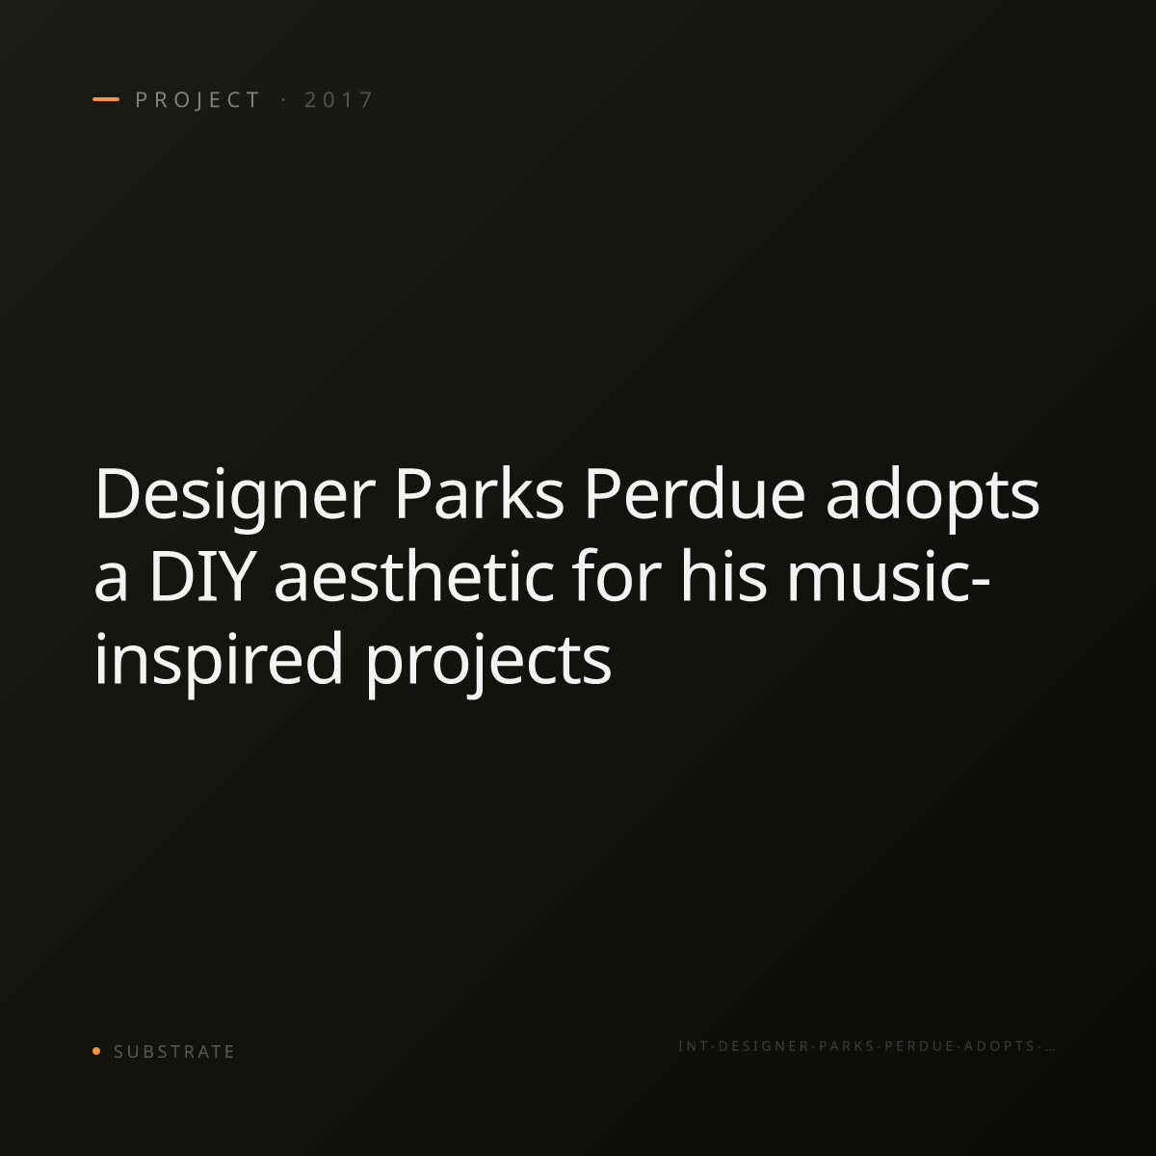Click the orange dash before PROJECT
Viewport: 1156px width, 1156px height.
(x=106, y=99)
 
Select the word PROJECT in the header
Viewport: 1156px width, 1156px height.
(x=197, y=99)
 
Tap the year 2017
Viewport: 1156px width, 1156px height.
(x=339, y=99)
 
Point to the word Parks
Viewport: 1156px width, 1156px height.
(x=480, y=494)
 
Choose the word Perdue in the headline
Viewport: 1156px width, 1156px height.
(x=695, y=494)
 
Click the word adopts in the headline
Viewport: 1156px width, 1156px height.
(x=933, y=497)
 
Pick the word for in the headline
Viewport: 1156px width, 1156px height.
(x=617, y=576)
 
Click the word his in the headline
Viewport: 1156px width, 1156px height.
(x=723, y=576)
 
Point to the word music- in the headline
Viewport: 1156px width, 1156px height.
(x=888, y=576)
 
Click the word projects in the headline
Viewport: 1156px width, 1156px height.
(x=488, y=663)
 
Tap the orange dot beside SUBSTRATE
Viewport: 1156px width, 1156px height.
(x=96, y=1050)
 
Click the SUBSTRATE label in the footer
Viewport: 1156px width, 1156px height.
(x=174, y=1051)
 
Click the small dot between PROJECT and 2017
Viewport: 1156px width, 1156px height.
(x=283, y=99)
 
